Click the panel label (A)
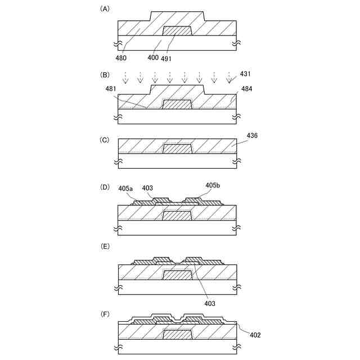104,9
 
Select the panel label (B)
104,74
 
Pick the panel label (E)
104,246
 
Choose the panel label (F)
104,308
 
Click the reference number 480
121,57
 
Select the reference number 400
152,57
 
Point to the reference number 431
246,73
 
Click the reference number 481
112,89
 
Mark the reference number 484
246,89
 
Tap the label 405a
126,188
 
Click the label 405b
213,185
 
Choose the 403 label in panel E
209,303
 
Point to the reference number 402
254,335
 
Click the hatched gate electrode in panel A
177,31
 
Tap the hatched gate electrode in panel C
177,148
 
